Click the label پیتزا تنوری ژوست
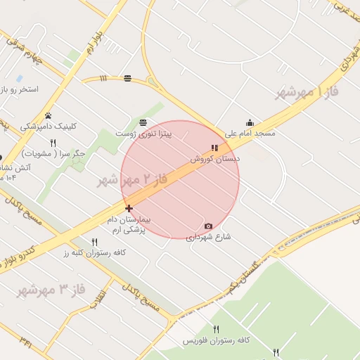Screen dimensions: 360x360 [x=143, y=133]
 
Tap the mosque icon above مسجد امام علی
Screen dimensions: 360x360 [x=250, y=122]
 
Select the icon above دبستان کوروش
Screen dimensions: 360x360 [x=214, y=148]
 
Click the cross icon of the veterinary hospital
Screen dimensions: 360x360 [x=129, y=208]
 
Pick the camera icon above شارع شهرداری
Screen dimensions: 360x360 [x=208, y=226]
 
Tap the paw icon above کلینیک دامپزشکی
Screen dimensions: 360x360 [x=48, y=116]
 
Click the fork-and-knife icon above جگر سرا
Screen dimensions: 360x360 [x=53, y=143]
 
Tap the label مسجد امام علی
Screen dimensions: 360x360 [x=250, y=133]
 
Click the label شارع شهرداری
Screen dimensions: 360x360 [x=208, y=237]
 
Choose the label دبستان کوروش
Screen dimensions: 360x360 [x=214, y=160]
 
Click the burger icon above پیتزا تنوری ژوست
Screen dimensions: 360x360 [x=143, y=122]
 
